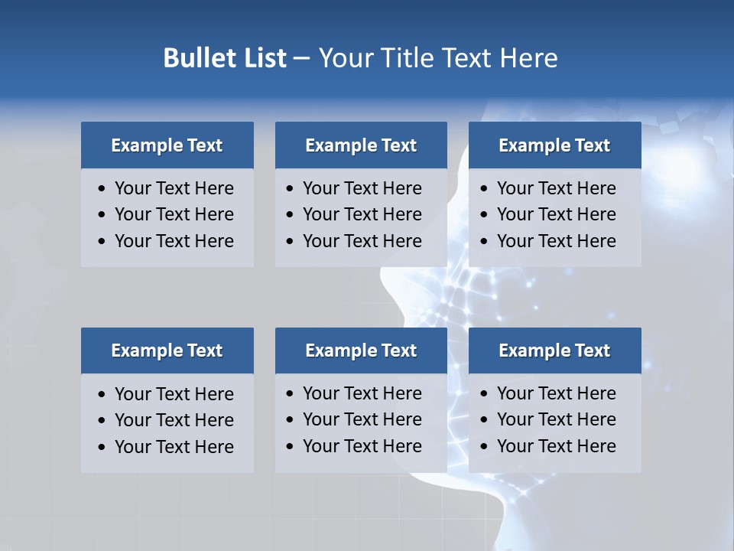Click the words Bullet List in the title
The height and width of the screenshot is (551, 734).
point(225,58)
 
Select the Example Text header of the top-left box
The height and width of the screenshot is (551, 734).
point(167,145)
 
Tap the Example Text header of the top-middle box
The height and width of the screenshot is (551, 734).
point(361,145)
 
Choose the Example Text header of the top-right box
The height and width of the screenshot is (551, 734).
point(554,145)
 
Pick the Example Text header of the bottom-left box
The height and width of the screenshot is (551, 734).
point(167,350)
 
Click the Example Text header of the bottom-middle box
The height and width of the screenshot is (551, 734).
point(361,350)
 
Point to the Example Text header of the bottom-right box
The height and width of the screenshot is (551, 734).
point(554,350)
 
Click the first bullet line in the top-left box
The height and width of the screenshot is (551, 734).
point(174,188)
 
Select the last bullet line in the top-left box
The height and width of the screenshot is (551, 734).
point(174,241)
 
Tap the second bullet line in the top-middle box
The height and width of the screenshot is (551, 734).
point(362,214)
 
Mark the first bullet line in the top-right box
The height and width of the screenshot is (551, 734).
point(556,188)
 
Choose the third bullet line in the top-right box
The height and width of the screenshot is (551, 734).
point(556,241)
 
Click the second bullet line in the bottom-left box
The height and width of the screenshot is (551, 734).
point(174,420)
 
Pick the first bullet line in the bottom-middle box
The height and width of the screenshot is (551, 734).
point(362,393)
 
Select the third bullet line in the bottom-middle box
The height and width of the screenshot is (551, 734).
point(362,446)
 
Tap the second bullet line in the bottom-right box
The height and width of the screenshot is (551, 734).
point(556,419)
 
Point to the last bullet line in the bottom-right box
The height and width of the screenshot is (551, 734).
point(556,446)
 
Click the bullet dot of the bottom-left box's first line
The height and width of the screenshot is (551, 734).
point(102,395)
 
